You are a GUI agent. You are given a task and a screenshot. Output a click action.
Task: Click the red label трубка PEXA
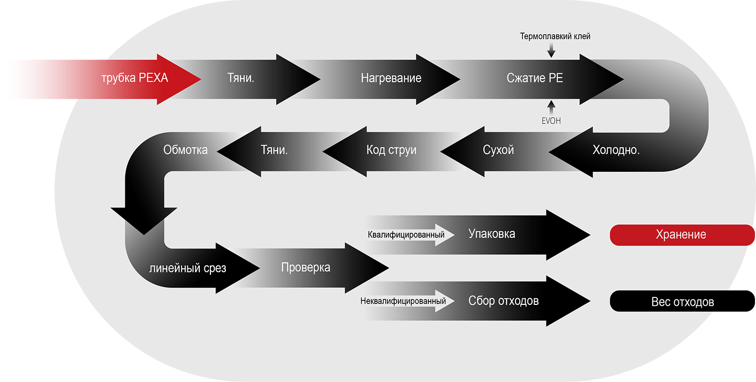(135, 79)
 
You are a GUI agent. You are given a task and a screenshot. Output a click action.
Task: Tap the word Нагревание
(391, 78)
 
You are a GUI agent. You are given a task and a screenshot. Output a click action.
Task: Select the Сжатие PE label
(535, 78)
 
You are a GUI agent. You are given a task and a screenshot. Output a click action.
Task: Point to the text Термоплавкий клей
(555, 37)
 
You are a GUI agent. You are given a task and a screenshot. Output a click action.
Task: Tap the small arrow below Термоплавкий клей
(552, 50)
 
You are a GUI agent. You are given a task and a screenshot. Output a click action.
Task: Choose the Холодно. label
(616, 150)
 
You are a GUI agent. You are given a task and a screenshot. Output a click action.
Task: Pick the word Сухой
(498, 150)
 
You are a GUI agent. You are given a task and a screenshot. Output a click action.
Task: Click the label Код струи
(391, 150)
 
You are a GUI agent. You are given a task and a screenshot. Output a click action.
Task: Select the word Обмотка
(185, 150)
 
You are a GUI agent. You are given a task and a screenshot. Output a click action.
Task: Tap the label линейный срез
(188, 268)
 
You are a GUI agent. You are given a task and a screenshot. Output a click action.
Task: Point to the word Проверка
(306, 267)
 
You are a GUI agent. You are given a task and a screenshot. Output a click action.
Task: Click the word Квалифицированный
(406, 234)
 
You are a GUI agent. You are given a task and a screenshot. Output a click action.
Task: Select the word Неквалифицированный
(403, 301)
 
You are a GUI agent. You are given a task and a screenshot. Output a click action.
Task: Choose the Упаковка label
(491, 234)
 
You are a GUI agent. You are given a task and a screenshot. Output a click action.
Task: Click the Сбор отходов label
(503, 301)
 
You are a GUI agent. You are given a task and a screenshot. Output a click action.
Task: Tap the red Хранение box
(681, 235)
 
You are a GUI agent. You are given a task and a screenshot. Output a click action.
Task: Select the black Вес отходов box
(682, 302)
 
